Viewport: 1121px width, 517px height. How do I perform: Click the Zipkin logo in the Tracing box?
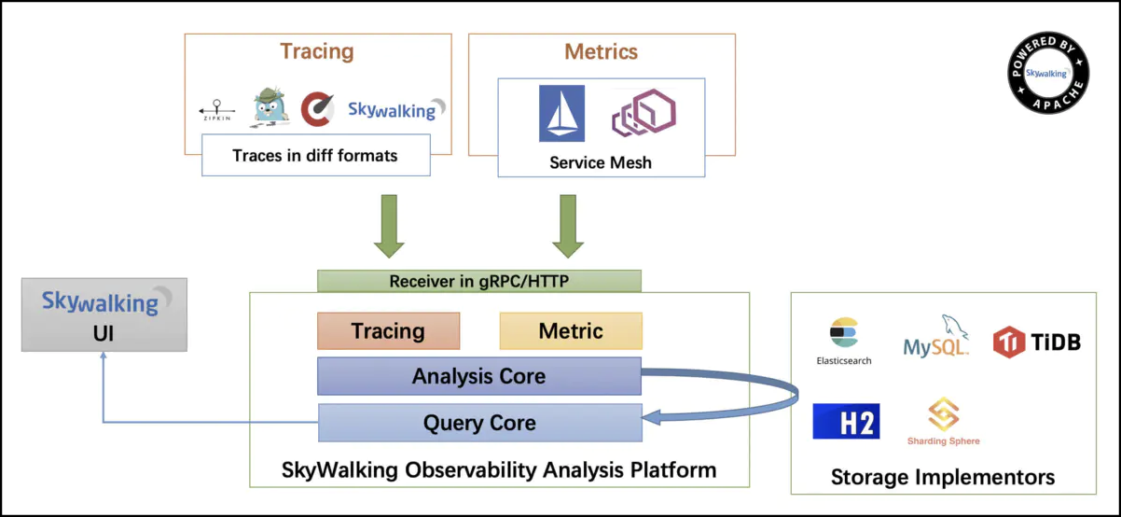click(x=218, y=110)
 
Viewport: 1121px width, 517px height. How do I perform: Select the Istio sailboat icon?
click(x=561, y=113)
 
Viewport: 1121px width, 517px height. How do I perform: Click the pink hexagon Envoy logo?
click(x=643, y=113)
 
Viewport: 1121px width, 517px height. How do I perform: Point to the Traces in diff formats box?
click(x=315, y=155)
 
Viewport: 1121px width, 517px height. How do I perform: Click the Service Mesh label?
click(x=601, y=162)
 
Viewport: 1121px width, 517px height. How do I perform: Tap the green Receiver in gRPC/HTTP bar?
click(x=478, y=281)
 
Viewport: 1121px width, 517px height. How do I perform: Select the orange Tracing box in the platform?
click(x=388, y=330)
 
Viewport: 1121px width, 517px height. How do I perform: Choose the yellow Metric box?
click(x=571, y=330)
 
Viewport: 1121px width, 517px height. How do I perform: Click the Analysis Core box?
click(x=478, y=376)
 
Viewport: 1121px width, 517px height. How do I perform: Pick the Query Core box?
click(x=479, y=423)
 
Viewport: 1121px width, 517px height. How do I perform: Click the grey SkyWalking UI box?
click(x=104, y=314)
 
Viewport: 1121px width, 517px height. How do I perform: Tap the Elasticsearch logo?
click(x=843, y=340)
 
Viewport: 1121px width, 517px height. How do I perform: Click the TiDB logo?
click(x=1036, y=342)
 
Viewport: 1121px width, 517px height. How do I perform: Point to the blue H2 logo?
click(x=846, y=421)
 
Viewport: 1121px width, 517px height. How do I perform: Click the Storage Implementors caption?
click(x=943, y=477)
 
